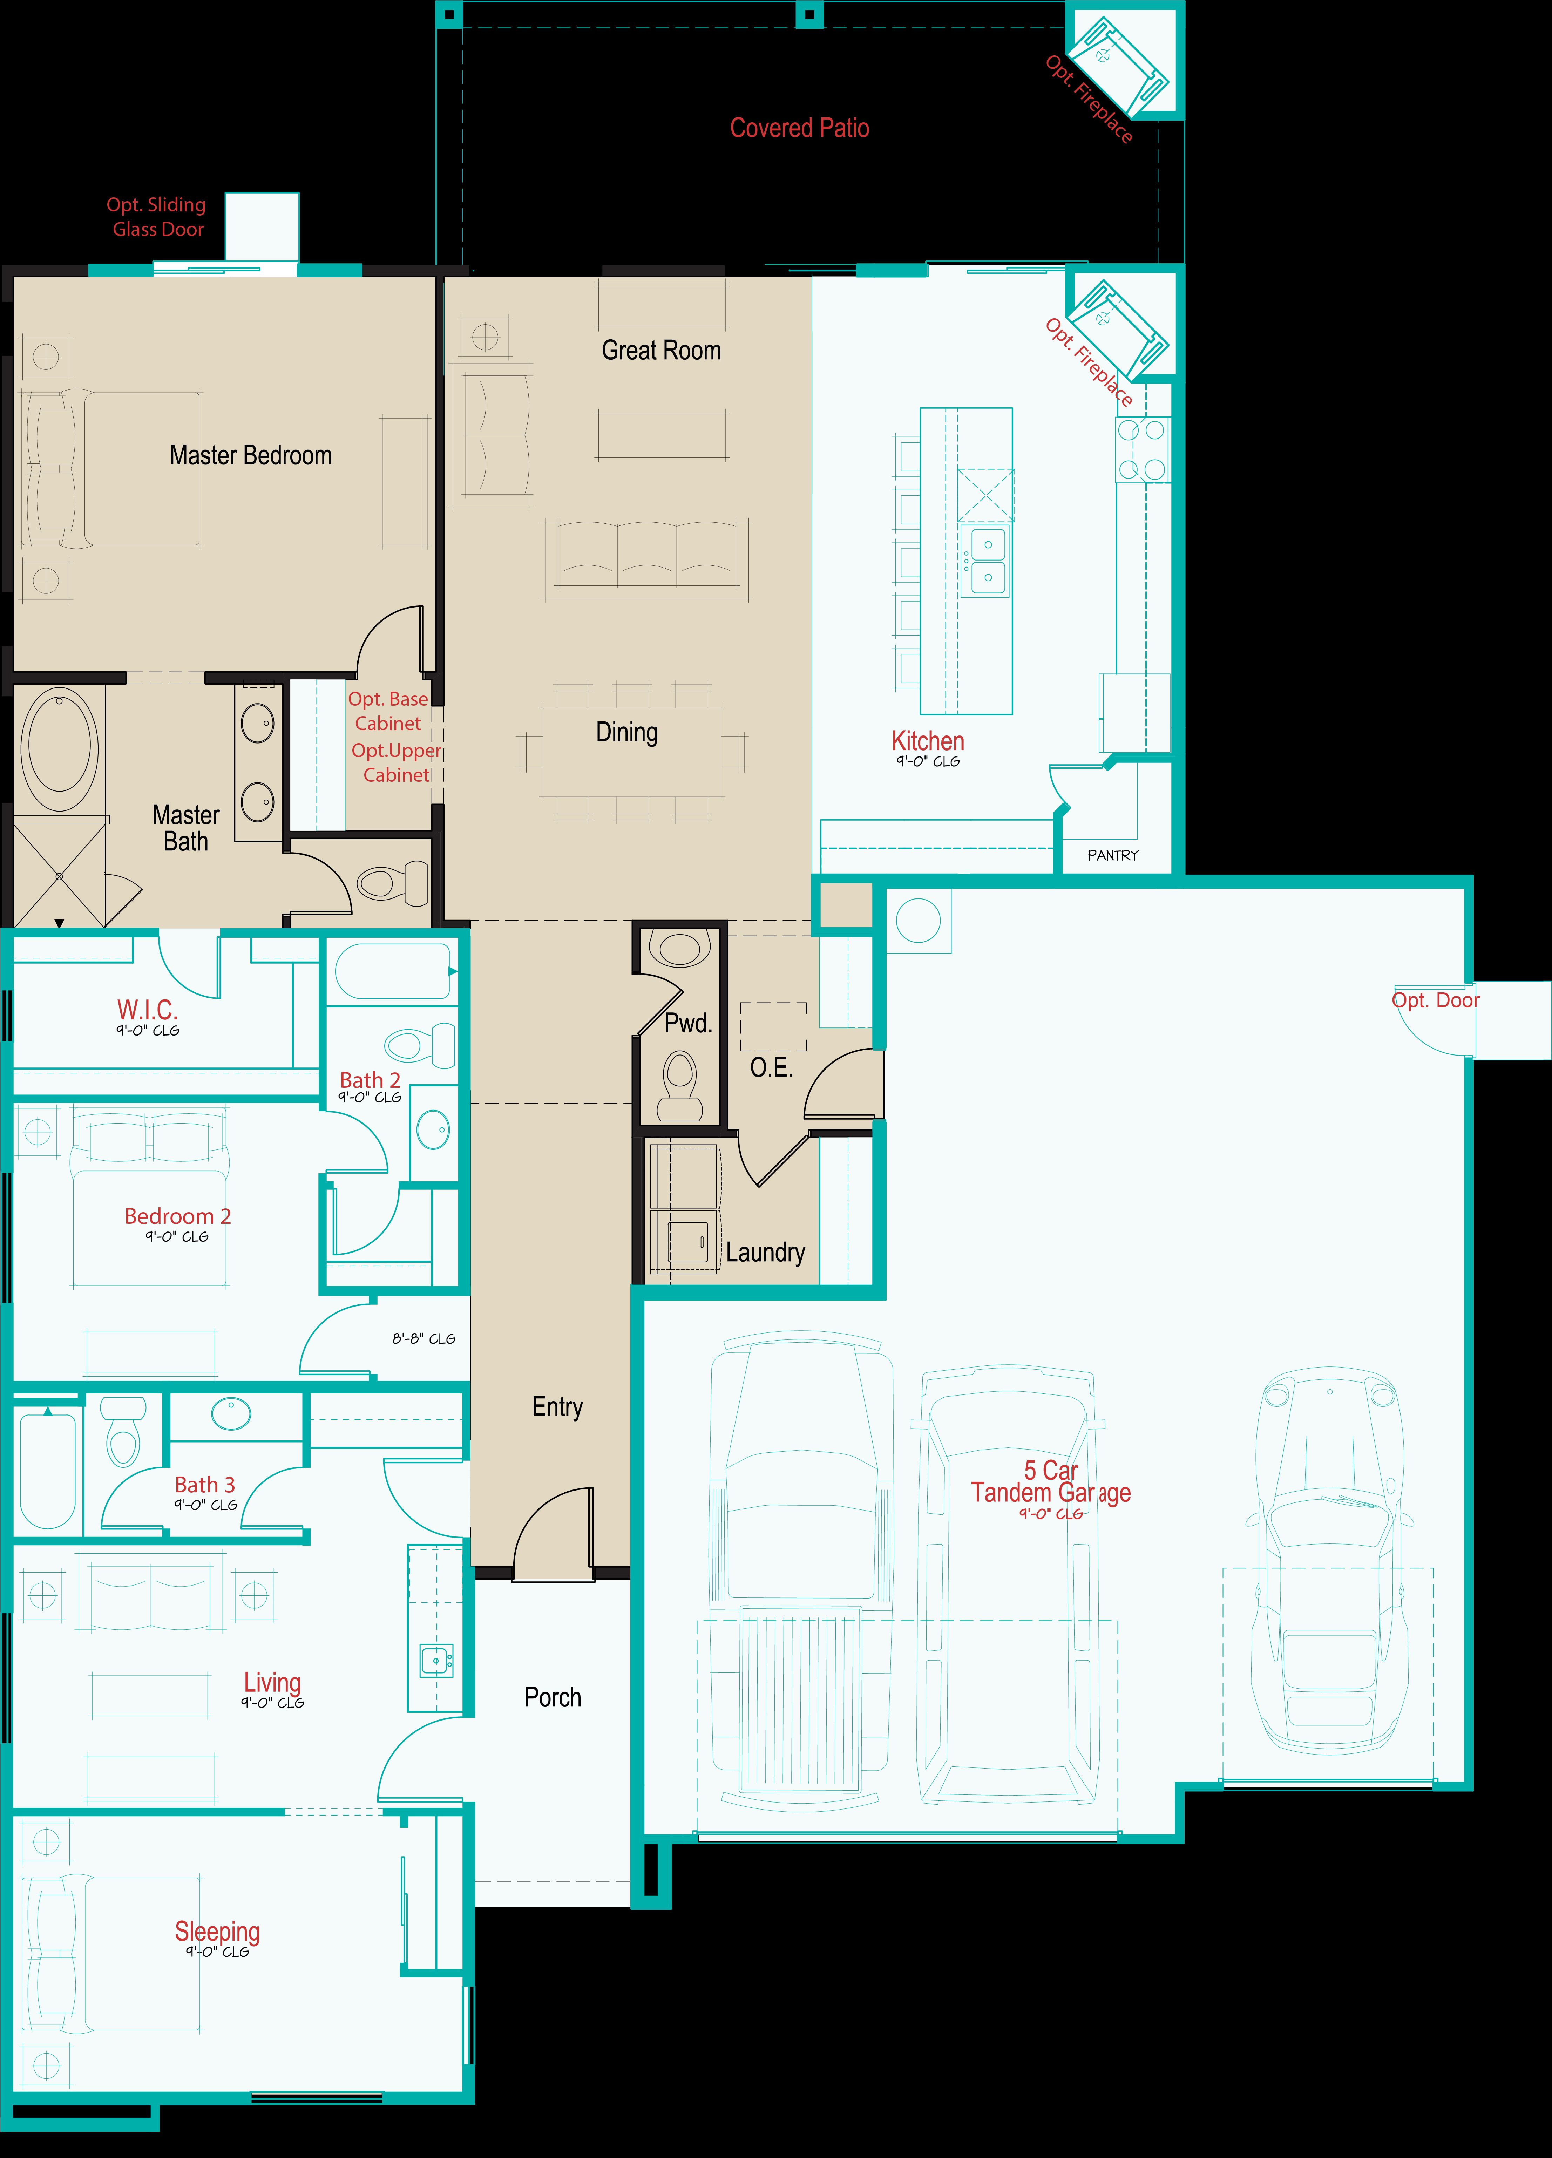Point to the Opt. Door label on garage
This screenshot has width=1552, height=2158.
(1435, 1000)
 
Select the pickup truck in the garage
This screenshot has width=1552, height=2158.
(801, 1570)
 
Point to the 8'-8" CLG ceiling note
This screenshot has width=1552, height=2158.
(423, 1339)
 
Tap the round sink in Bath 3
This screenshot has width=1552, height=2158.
(230, 1414)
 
